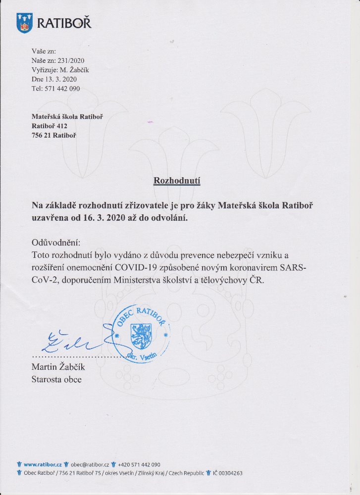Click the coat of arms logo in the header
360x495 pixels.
[x=24, y=23]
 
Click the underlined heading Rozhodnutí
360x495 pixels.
[x=176, y=181]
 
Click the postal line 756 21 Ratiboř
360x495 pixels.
[x=53, y=135]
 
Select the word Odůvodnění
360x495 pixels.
[x=55, y=244]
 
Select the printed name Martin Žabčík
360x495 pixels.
[x=58, y=367]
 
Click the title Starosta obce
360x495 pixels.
[x=56, y=380]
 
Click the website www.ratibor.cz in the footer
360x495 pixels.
[x=43, y=465]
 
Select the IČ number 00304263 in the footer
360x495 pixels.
[x=228, y=473]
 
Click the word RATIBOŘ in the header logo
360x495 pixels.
[x=64, y=23]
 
